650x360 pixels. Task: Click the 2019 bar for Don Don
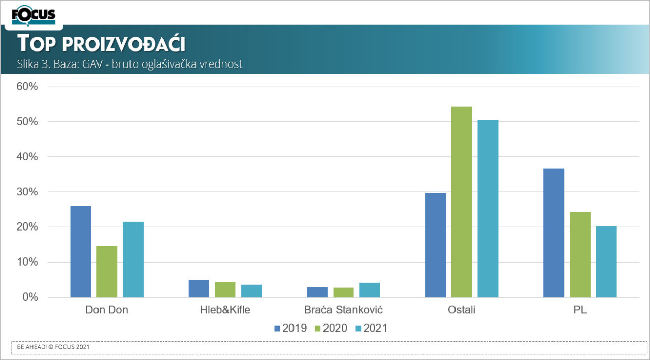[x=81, y=251]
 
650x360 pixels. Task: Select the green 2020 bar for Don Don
[x=107, y=272]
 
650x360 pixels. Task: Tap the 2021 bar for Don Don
[x=133, y=259]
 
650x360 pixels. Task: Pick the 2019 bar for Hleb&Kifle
[x=199, y=288]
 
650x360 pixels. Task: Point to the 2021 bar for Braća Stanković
[x=370, y=290]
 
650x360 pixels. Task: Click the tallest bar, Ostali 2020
[x=462, y=202]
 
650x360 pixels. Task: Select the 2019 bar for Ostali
[x=435, y=245]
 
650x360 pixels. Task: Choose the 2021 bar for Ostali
[x=488, y=208]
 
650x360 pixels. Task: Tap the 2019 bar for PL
[x=554, y=233]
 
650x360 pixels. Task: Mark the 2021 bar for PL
[x=606, y=261]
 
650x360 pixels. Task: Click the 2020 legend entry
[x=331, y=329]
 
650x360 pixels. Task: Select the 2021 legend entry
[x=371, y=329]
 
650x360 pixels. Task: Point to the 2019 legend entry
[x=290, y=329]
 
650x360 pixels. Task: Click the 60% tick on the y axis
[x=28, y=87]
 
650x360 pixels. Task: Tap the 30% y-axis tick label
[x=28, y=192]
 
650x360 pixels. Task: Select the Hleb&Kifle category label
[x=225, y=310]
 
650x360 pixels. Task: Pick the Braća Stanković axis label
[x=343, y=310]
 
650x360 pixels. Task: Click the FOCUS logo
[x=34, y=15]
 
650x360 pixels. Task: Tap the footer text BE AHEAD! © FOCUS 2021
[x=53, y=347]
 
